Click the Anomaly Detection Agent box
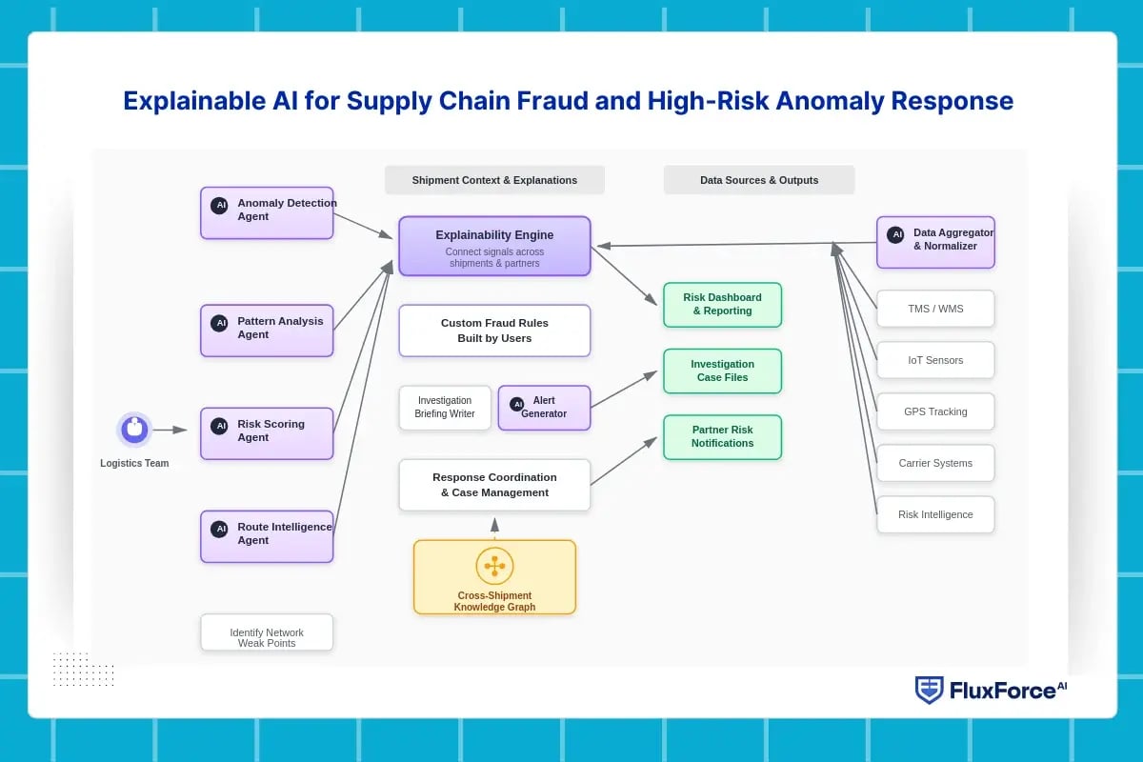pyautogui.click(x=267, y=212)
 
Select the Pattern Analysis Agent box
pyautogui.click(x=267, y=331)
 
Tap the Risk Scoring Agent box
pyautogui.click(x=267, y=433)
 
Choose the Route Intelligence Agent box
pyautogui.click(x=267, y=536)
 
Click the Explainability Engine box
pyautogui.click(x=494, y=247)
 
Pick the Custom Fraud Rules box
pyautogui.click(x=494, y=331)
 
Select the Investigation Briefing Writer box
pyautogui.click(x=445, y=408)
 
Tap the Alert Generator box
pyautogui.click(x=544, y=408)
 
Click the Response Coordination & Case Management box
pyautogui.click(x=494, y=485)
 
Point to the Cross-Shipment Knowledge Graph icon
pyautogui.click(x=494, y=566)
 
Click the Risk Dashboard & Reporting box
pyautogui.click(x=722, y=305)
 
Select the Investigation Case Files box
pyautogui.click(x=722, y=371)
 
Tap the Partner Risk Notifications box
pyautogui.click(x=722, y=437)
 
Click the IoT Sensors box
pyautogui.click(x=935, y=360)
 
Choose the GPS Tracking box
pyautogui.click(x=935, y=411)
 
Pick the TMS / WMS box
pyautogui.click(x=935, y=309)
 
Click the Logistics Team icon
pyautogui.click(x=134, y=430)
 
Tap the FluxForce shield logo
pyautogui.click(x=929, y=691)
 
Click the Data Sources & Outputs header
pyautogui.click(x=759, y=180)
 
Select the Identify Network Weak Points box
pyautogui.click(x=267, y=632)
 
